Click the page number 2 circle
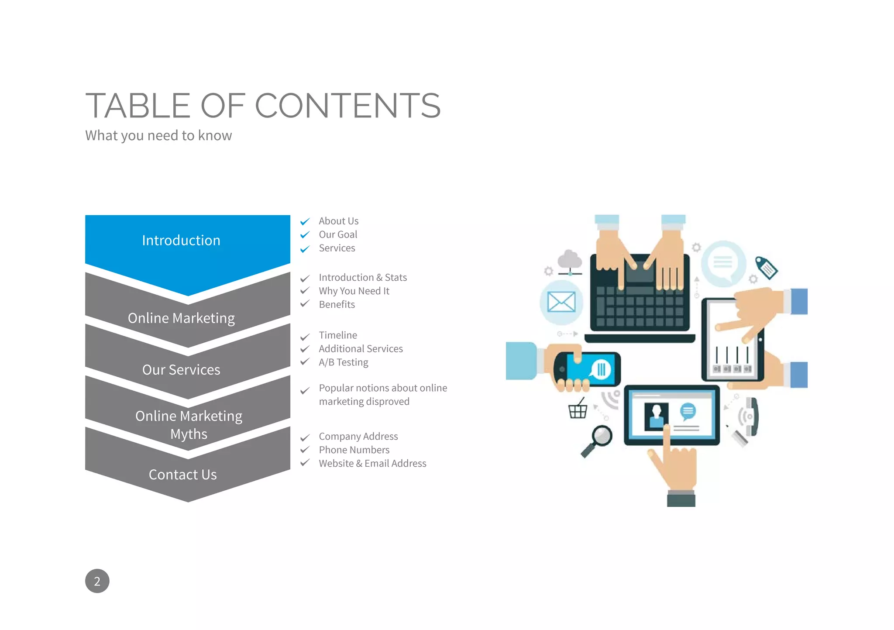pos(97,581)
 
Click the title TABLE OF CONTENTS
pos(263,106)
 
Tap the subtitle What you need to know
pos(158,135)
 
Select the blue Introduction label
pos(181,240)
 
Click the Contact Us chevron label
pos(182,474)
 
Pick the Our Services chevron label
pos(181,369)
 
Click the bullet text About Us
pos(338,221)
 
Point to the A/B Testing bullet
pos(343,362)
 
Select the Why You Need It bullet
pos(354,291)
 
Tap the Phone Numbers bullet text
pos(354,450)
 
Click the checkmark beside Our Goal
pos(305,235)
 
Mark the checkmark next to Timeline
pos(305,337)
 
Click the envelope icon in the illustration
pos(561,302)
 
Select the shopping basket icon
pos(578,410)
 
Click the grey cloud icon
pos(570,260)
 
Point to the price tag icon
pos(767,267)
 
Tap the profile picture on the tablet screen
pos(656,416)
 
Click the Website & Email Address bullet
pos(372,463)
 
